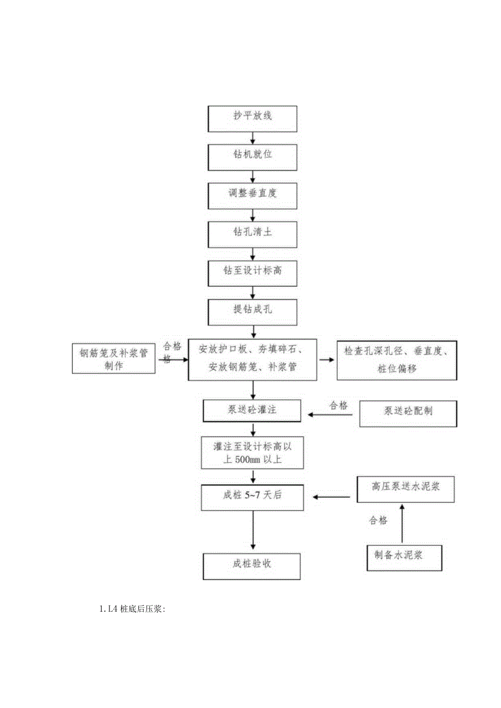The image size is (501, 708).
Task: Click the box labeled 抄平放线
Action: tap(253, 118)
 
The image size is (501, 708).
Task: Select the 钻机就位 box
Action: tap(253, 156)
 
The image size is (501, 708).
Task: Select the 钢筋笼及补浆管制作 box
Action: tap(114, 358)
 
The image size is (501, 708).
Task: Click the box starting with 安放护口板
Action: tap(253, 359)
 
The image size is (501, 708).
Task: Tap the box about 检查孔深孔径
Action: tap(396, 360)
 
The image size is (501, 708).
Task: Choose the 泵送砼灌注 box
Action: tap(252, 411)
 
